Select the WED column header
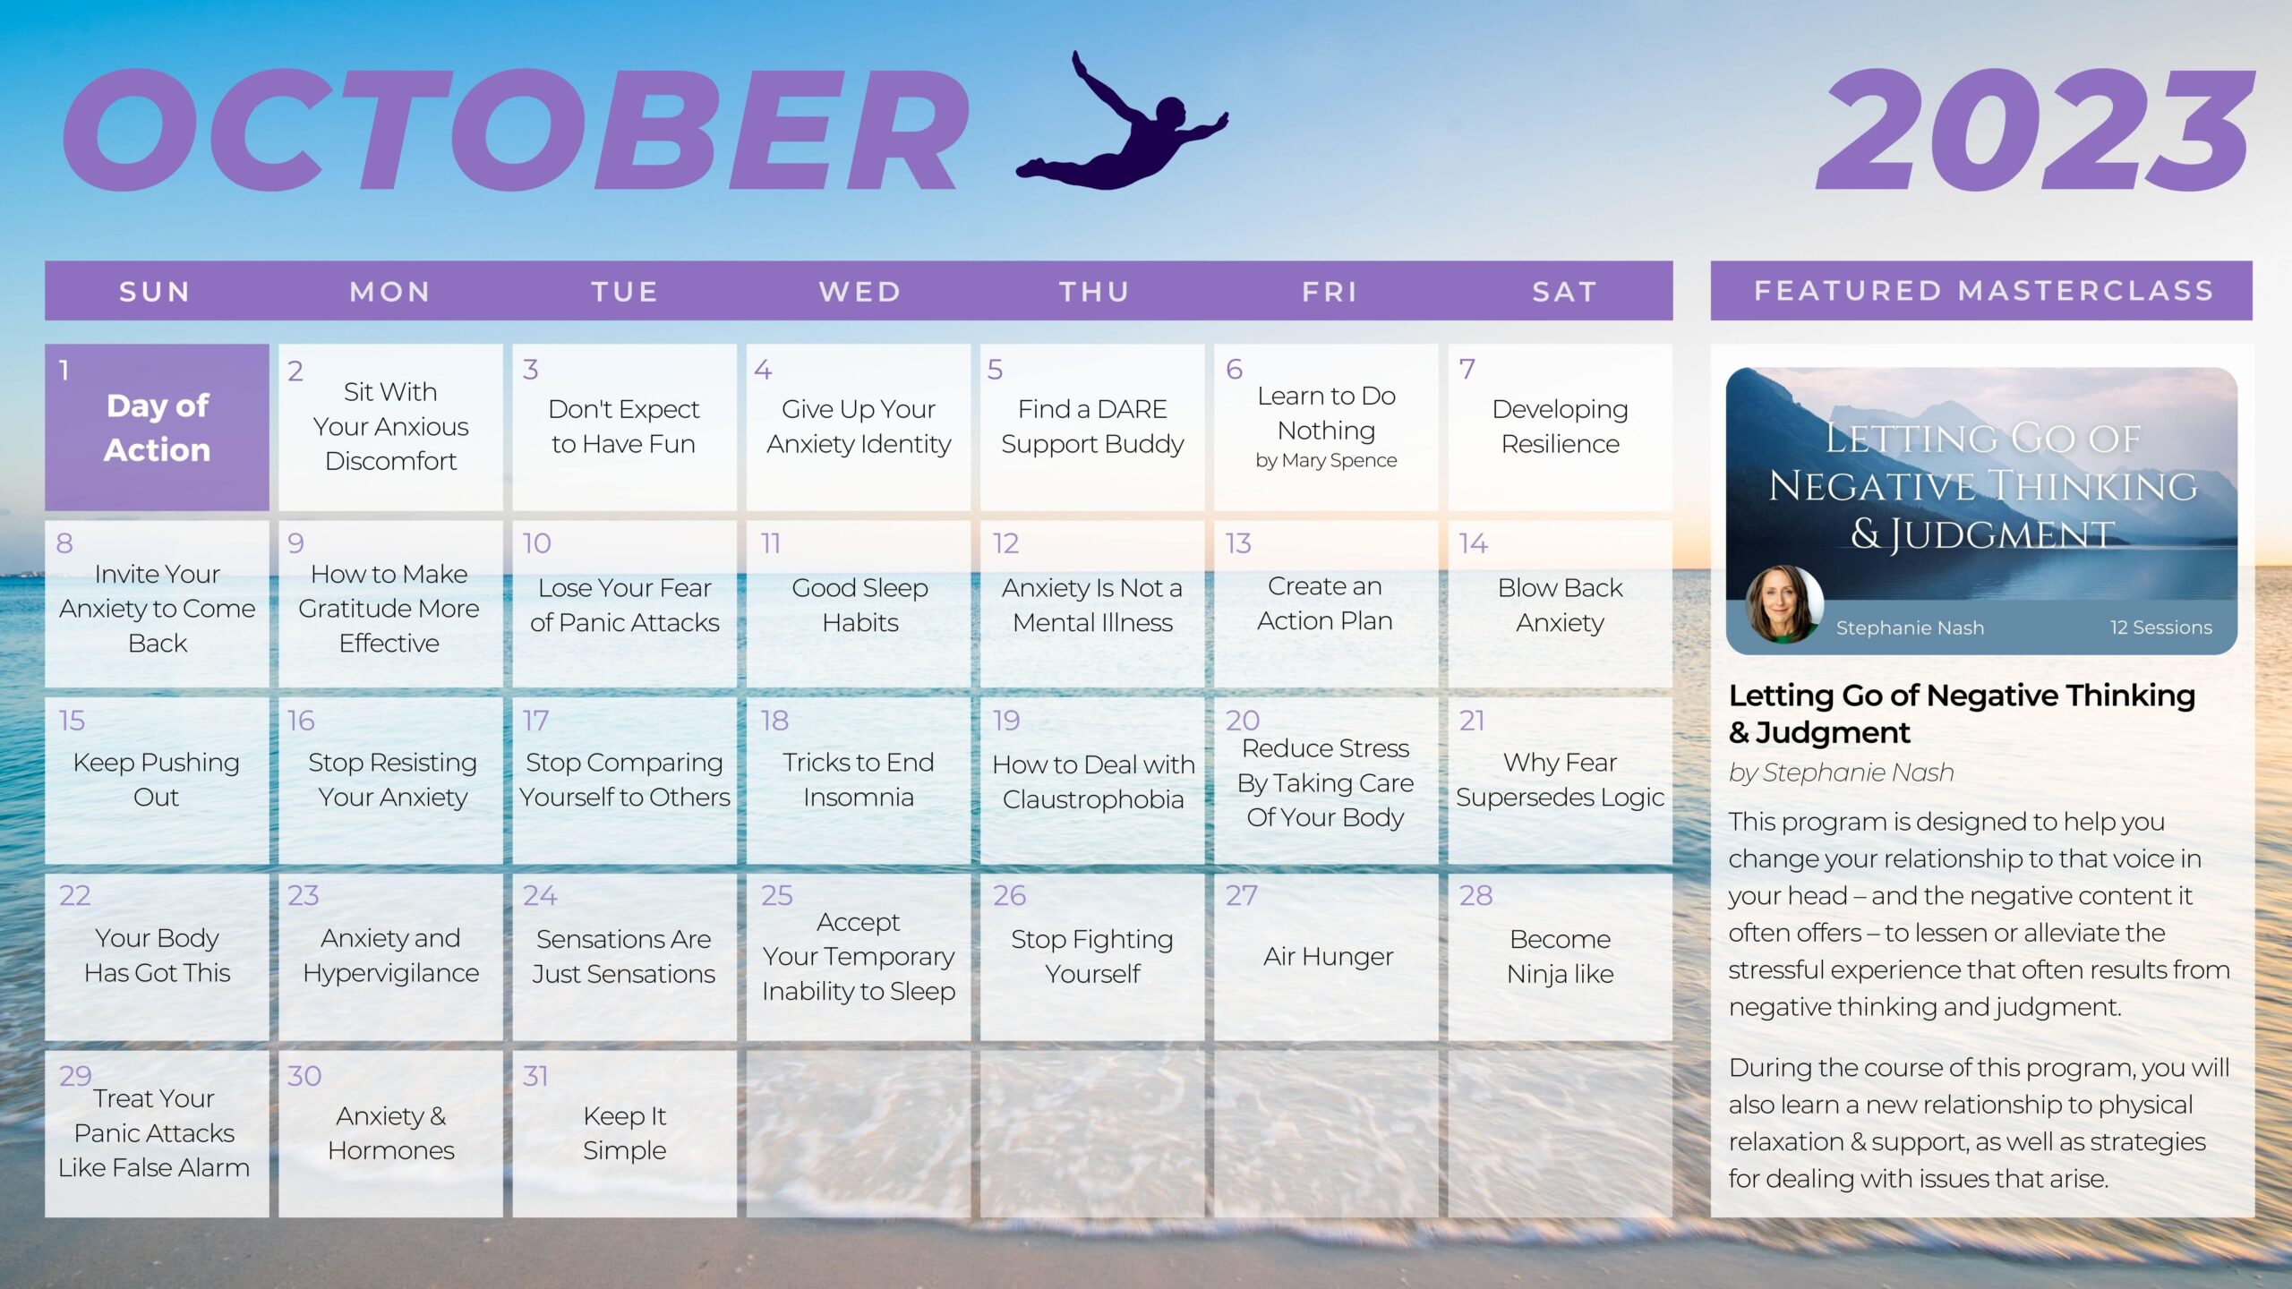tap(859, 292)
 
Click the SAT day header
tap(1564, 292)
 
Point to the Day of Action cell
tap(157, 427)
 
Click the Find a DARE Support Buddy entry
tap(1092, 426)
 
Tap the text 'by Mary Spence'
tap(1326, 460)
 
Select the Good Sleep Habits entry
tap(859, 605)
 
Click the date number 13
tap(1238, 543)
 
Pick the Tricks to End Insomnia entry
tap(858, 780)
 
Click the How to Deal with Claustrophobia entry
tap(1093, 781)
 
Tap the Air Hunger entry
tap(1328, 956)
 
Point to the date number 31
tap(535, 1076)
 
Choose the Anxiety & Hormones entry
tap(391, 1132)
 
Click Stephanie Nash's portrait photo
tap(1783, 604)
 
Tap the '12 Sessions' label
tap(2161, 627)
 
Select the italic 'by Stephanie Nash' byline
tap(1841, 773)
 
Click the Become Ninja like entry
tap(1560, 956)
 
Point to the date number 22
tap(74, 895)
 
